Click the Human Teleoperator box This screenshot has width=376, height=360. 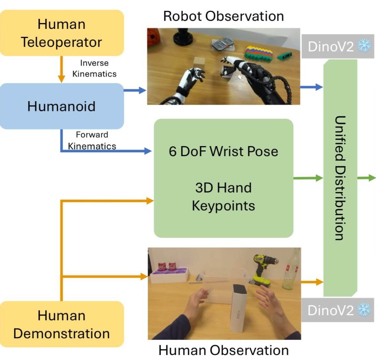62,33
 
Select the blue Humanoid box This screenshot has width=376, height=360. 62,106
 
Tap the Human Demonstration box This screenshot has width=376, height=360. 62,324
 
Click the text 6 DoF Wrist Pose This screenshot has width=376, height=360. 223,151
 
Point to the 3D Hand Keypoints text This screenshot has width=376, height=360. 223,196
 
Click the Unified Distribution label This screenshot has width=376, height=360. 340,177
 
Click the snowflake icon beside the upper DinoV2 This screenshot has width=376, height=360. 364,46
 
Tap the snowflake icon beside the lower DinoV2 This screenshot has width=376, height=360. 364,310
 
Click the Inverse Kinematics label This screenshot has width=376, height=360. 94,68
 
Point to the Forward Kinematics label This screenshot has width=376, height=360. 92,140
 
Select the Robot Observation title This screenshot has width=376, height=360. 223,16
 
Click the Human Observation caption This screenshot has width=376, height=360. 224,350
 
